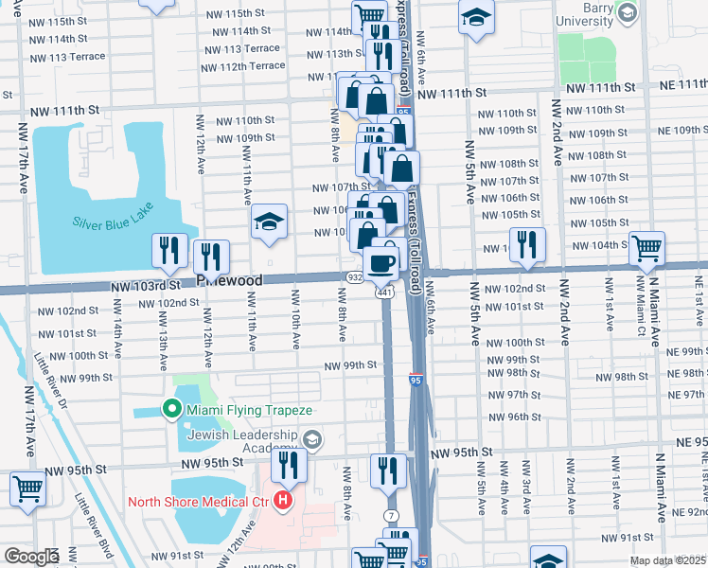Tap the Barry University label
(585, 13)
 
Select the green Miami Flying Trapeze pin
(171, 408)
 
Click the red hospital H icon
(281, 501)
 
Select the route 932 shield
(354, 277)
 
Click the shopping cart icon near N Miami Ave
(647, 249)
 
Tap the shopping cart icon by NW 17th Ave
(28, 489)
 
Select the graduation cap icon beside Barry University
(476, 15)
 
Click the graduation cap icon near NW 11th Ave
(269, 222)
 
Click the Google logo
(31, 557)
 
